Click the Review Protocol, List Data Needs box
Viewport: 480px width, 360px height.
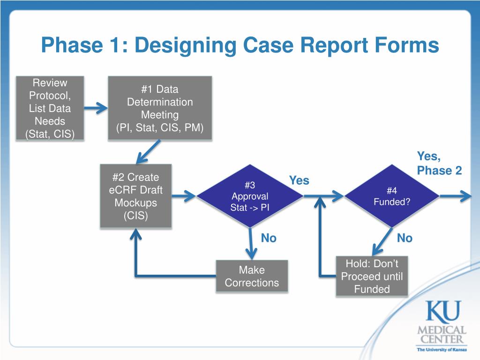coord(51,108)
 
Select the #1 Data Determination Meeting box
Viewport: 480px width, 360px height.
coord(160,108)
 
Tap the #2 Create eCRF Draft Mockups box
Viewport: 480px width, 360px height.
coord(135,196)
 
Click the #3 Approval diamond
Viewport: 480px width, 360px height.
coord(249,196)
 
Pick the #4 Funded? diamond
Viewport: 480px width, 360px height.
coord(392,196)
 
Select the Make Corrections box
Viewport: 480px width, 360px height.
coord(252,276)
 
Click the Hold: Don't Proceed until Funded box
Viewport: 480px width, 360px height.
coord(372,276)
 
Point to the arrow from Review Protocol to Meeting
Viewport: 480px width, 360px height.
coord(96,108)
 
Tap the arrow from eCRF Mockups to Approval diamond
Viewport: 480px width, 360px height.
coord(184,196)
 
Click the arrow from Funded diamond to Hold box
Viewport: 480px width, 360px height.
coord(382,241)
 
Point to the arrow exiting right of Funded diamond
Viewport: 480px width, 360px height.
coord(455,196)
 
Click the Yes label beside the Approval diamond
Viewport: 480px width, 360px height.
coord(299,180)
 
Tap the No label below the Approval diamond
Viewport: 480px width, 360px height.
coord(269,238)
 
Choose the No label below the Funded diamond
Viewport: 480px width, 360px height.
coord(405,238)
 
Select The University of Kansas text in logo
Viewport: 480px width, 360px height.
coord(442,349)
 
